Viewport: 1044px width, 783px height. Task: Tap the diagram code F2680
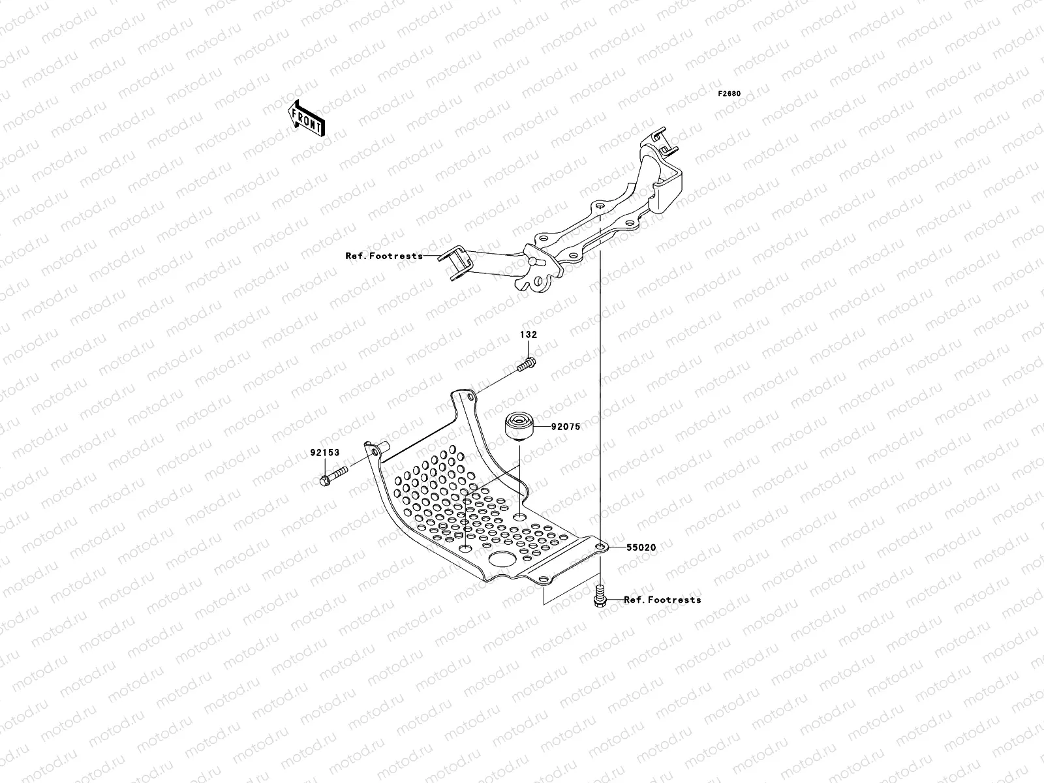(729, 93)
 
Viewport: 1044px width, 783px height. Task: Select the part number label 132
(528, 335)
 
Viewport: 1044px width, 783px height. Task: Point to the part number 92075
(565, 427)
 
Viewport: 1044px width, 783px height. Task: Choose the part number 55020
(641, 547)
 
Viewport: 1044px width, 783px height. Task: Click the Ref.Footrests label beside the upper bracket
(384, 256)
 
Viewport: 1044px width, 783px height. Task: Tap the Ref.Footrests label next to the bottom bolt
(662, 600)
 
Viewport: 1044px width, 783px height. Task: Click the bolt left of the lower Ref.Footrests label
(599, 596)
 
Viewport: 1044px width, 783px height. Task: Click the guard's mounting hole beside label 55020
(600, 547)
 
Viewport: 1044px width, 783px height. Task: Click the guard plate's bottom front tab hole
(542, 577)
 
